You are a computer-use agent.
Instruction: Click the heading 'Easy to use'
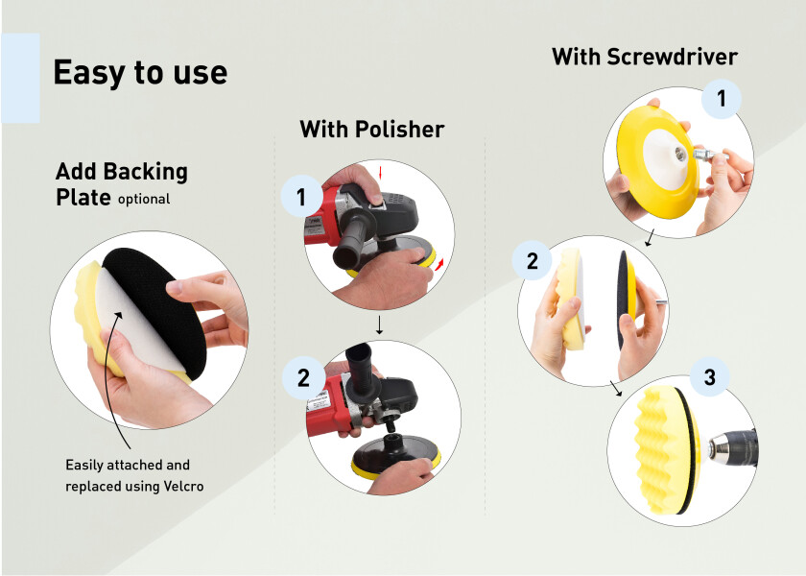click(x=140, y=73)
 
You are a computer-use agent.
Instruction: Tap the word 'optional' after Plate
click(x=144, y=200)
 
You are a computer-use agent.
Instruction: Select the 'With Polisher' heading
click(x=371, y=129)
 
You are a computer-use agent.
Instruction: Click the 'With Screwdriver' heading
click(x=645, y=57)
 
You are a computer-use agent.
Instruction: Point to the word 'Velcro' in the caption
click(x=183, y=486)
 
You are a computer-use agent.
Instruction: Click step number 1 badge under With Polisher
click(x=301, y=197)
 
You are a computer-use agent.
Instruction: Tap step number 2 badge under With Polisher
click(x=303, y=378)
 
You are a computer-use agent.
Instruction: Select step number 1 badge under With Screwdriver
click(x=722, y=98)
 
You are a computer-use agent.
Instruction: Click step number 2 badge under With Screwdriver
click(x=532, y=261)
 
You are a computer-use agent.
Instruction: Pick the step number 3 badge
click(x=709, y=377)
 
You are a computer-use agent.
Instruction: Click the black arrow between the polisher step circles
click(x=379, y=325)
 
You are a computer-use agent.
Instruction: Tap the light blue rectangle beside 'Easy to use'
click(x=20, y=78)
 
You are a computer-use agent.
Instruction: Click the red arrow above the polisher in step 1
click(x=380, y=172)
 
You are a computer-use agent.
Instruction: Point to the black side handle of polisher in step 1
click(x=350, y=243)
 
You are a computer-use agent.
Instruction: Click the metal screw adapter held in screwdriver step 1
click(x=708, y=155)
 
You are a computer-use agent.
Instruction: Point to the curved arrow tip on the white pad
click(x=120, y=314)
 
